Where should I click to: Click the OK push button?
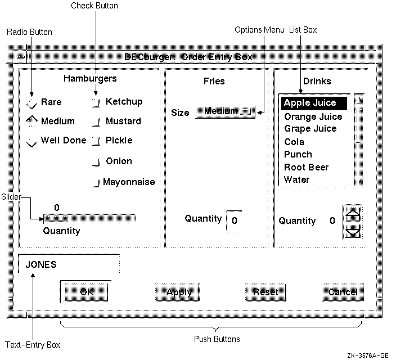tap(86, 292)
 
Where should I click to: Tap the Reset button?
tap(265, 292)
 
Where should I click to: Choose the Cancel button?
tap(343, 292)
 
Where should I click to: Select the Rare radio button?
tap(32, 103)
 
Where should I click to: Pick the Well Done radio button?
tap(32, 141)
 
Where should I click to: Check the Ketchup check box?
tap(96, 102)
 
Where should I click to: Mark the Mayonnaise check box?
tap(96, 182)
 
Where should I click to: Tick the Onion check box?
tap(96, 162)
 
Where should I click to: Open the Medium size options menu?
tap(225, 112)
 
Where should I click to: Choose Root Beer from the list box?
tap(307, 167)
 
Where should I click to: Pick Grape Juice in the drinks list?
tap(310, 129)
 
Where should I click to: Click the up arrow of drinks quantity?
tap(352, 214)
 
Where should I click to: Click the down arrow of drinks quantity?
tap(352, 231)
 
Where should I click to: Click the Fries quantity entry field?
tap(235, 220)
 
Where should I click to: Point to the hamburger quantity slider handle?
tap(55, 218)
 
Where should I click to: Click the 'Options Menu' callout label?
tap(259, 30)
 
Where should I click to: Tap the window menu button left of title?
tap(20, 57)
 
